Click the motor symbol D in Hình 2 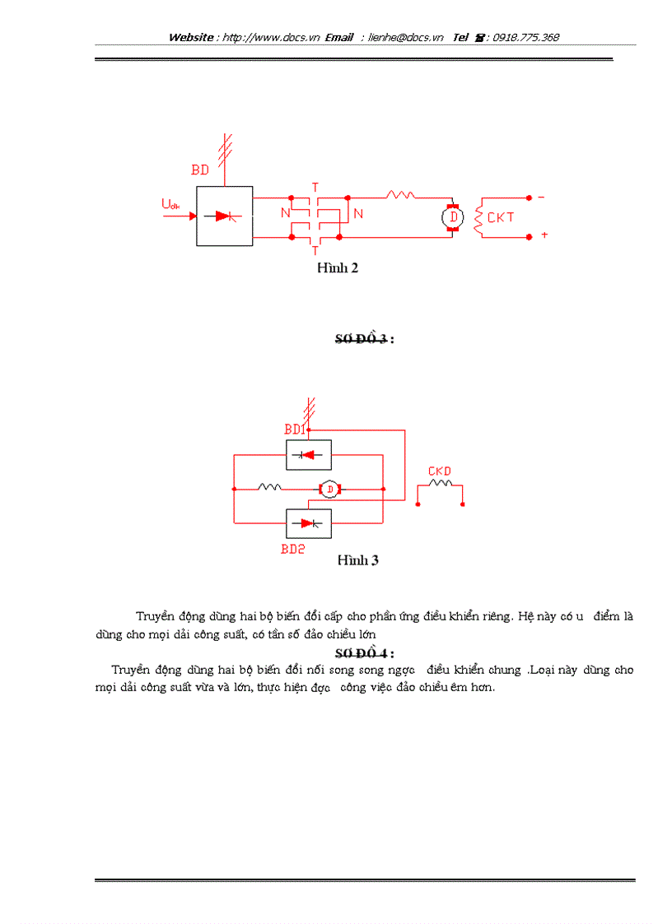point(450,217)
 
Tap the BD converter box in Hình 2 point(224,216)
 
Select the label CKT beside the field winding point(501,218)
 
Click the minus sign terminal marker point(541,197)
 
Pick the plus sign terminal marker point(544,235)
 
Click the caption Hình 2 point(338,267)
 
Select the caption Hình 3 point(357,560)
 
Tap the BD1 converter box point(309,454)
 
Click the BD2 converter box point(309,523)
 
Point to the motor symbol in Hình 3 point(329,490)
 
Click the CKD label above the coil point(439,471)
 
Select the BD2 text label point(292,549)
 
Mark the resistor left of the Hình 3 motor point(269,487)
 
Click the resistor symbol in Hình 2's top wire point(400,195)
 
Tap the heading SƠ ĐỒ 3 point(363,341)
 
